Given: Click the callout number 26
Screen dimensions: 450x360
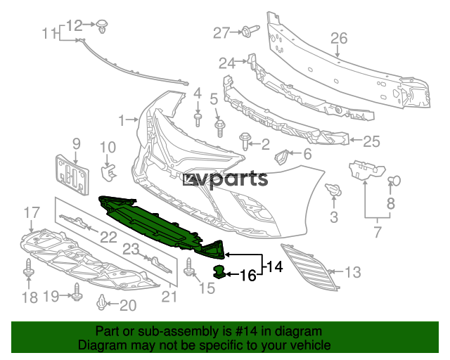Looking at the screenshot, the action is click(x=339, y=38).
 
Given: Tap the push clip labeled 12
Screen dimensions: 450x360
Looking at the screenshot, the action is click(x=101, y=26).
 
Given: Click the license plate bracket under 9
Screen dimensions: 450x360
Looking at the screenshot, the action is click(x=72, y=175).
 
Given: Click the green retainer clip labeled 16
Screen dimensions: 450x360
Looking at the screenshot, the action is click(x=219, y=272).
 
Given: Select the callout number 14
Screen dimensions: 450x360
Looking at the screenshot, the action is click(x=275, y=266).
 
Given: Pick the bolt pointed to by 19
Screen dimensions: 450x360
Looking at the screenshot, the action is click(x=77, y=292).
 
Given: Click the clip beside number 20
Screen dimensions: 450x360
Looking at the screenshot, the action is click(x=101, y=302).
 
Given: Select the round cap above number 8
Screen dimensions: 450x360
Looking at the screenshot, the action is click(x=394, y=181).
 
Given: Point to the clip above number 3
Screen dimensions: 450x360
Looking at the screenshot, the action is click(x=333, y=188).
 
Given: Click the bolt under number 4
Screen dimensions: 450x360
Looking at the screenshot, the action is click(x=198, y=120).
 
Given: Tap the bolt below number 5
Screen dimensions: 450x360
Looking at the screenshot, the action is click(x=220, y=129).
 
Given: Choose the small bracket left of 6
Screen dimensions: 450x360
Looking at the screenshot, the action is click(x=281, y=157).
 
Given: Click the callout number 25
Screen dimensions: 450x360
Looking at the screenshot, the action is click(x=371, y=141).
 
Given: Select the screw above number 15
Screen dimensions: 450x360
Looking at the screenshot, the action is click(x=188, y=266).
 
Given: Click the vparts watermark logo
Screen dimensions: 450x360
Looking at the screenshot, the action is click(x=226, y=179).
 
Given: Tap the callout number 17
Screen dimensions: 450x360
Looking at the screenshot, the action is click(x=32, y=213).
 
